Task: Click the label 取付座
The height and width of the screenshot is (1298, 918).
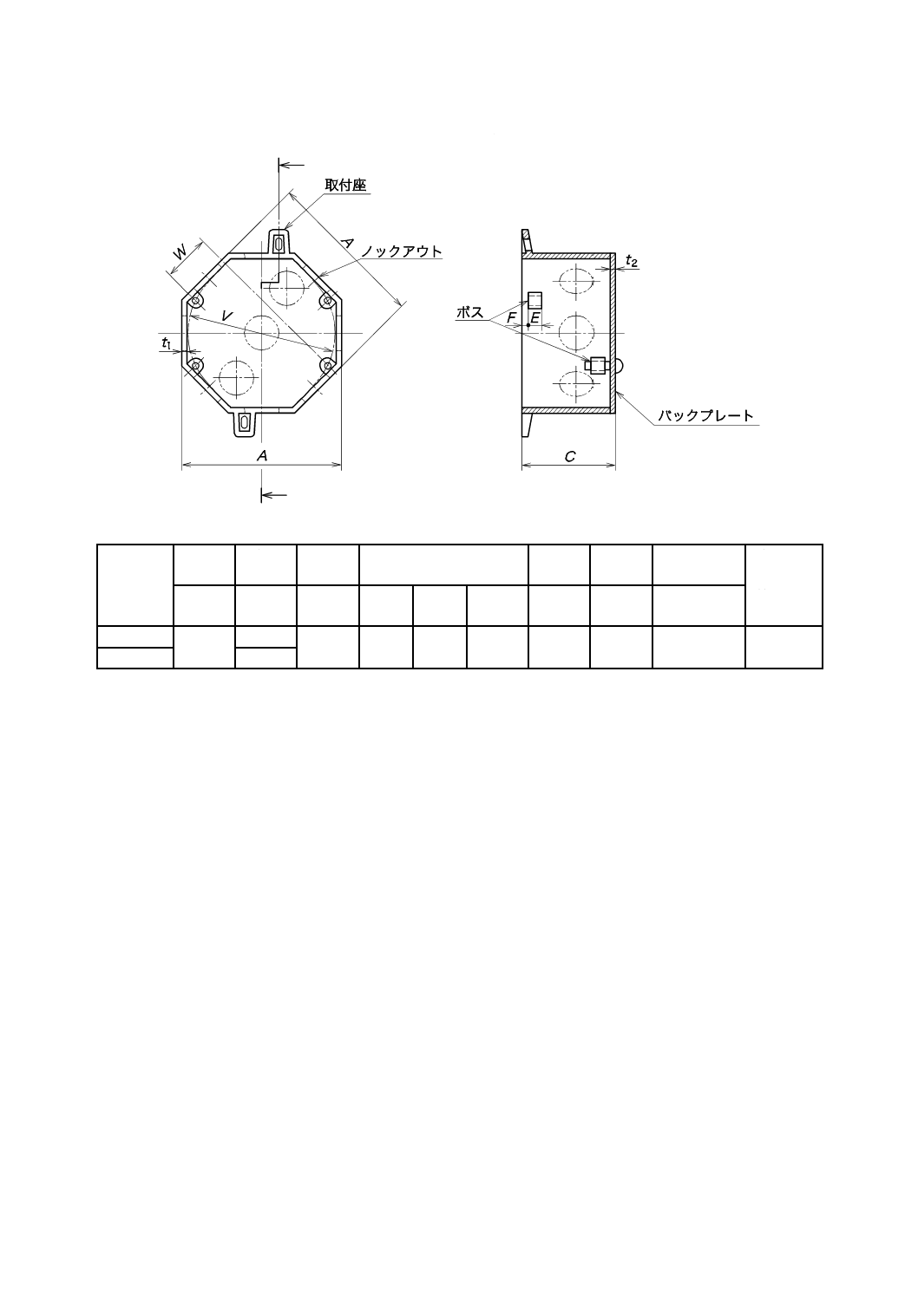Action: pyautogui.click(x=345, y=186)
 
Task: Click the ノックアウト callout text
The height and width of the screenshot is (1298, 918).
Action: pyautogui.click(x=401, y=251)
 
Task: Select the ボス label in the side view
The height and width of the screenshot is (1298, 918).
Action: pyautogui.click(x=469, y=313)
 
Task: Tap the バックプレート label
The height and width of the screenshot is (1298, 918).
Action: pyautogui.click(x=705, y=416)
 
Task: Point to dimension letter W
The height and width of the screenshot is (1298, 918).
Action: pyautogui.click(x=180, y=253)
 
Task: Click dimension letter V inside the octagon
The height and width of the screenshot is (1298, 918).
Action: pyautogui.click(x=226, y=317)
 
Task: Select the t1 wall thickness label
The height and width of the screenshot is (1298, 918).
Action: pyautogui.click(x=166, y=344)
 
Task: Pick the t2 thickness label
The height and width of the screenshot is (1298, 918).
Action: pyautogui.click(x=632, y=261)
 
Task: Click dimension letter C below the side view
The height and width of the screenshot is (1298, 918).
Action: pyautogui.click(x=569, y=456)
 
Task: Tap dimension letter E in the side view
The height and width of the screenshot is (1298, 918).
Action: pyautogui.click(x=535, y=318)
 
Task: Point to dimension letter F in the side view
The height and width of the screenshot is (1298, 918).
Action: pyautogui.click(x=512, y=318)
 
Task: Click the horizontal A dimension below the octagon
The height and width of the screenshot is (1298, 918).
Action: pyautogui.click(x=261, y=455)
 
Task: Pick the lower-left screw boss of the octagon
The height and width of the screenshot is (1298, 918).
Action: pyautogui.click(x=196, y=366)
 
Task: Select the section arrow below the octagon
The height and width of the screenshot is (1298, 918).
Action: pyautogui.click(x=274, y=495)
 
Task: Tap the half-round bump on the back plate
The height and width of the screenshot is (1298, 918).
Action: pyautogui.click(x=620, y=366)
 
